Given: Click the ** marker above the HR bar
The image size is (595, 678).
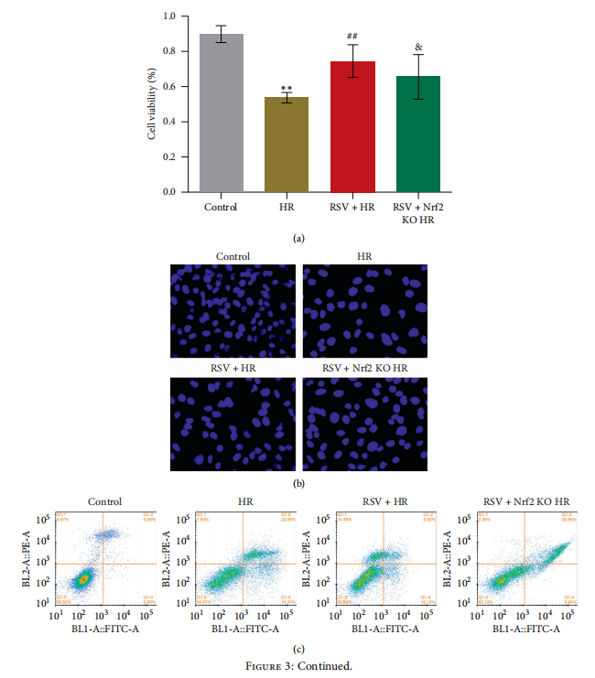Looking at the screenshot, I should (287, 88).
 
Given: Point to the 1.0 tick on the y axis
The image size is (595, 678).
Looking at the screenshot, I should (169, 16).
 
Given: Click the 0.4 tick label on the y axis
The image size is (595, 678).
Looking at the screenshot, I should (169, 122).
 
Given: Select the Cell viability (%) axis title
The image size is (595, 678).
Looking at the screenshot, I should (152, 104).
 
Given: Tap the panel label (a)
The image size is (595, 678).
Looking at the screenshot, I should (297, 238).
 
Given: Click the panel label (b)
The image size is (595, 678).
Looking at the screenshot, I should (297, 481).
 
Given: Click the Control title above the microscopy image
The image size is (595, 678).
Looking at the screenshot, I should (233, 257).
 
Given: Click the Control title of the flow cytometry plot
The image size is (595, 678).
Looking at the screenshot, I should (104, 501).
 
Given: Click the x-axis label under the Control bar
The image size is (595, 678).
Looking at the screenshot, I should (222, 207).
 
